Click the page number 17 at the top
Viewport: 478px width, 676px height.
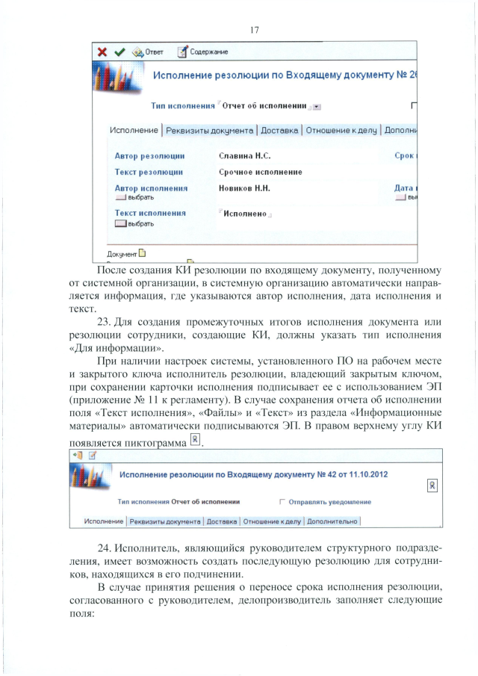(x=255, y=30)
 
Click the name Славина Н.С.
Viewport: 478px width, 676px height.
(x=243, y=156)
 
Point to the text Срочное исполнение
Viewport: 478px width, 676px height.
(x=260, y=173)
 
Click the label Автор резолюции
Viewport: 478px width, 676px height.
(x=149, y=156)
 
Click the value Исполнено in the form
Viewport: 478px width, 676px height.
(x=245, y=214)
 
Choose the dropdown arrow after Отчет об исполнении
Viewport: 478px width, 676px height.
(x=317, y=107)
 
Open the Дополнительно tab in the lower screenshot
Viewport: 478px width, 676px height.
(x=333, y=521)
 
